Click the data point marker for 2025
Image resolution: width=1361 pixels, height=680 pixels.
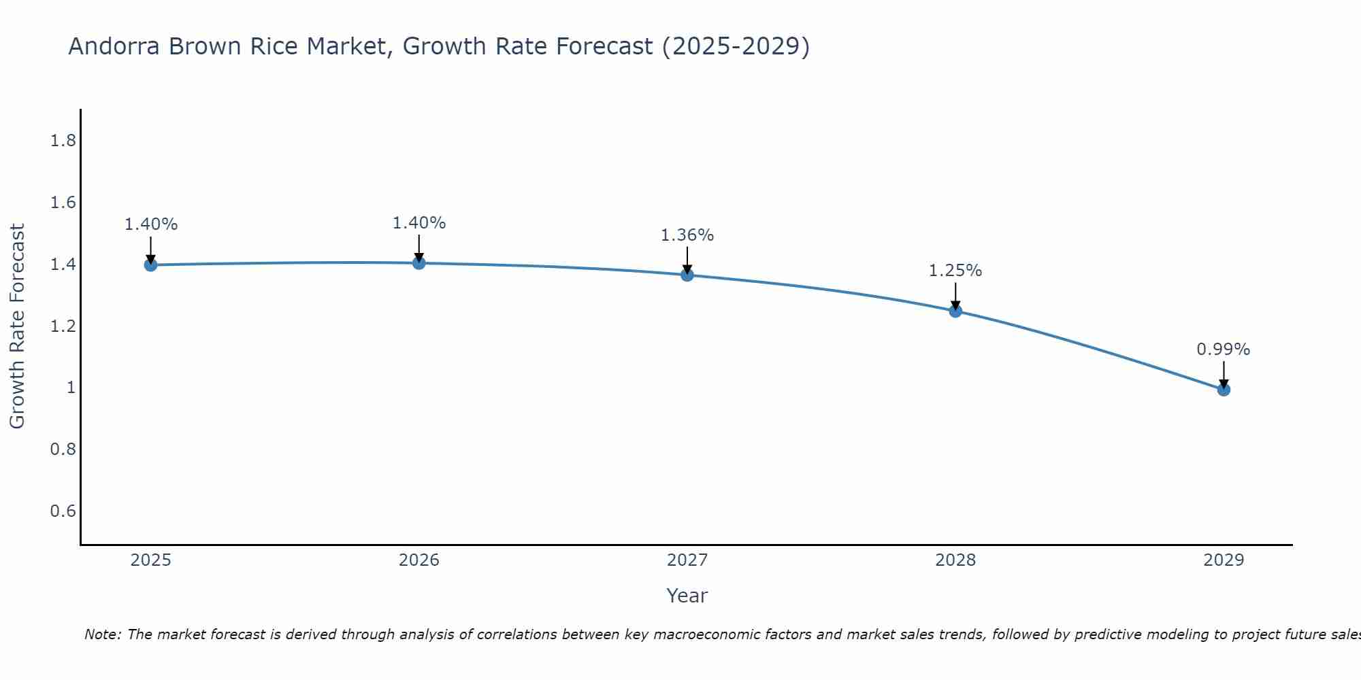pyautogui.click(x=151, y=265)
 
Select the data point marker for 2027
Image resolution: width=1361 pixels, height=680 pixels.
pyautogui.click(x=687, y=275)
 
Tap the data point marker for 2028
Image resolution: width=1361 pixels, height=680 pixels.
pyautogui.click(x=955, y=311)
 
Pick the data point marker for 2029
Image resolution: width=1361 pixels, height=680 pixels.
pyautogui.click(x=1224, y=390)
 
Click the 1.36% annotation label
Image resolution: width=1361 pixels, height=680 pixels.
pyautogui.click(x=687, y=235)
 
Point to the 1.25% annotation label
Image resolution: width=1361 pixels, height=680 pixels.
pyautogui.click(x=955, y=271)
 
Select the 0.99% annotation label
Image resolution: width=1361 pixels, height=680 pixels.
pyautogui.click(x=1224, y=350)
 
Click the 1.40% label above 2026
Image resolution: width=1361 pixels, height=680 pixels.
pyautogui.click(x=419, y=223)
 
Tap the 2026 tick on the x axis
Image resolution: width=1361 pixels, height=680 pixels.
pyautogui.click(x=419, y=560)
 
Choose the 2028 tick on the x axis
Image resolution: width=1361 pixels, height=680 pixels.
pyautogui.click(x=955, y=560)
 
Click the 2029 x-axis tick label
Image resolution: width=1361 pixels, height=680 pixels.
pyautogui.click(x=1224, y=560)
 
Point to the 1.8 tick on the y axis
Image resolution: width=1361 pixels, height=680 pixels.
pyautogui.click(x=63, y=141)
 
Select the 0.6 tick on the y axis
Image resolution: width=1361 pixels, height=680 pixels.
pyautogui.click(x=63, y=511)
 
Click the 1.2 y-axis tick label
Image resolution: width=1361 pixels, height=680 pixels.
pyautogui.click(x=63, y=326)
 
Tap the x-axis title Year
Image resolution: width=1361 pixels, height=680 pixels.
pyautogui.click(x=687, y=596)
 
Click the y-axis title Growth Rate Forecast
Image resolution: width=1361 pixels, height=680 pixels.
pyautogui.click(x=17, y=326)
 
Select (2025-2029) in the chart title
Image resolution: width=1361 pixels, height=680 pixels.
pyautogui.click(x=736, y=46)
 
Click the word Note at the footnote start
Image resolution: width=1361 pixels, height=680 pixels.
pyautogui.click(x=102, y=634)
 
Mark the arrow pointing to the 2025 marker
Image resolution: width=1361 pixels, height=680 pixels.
pyautogui.click(x=151, y=250)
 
